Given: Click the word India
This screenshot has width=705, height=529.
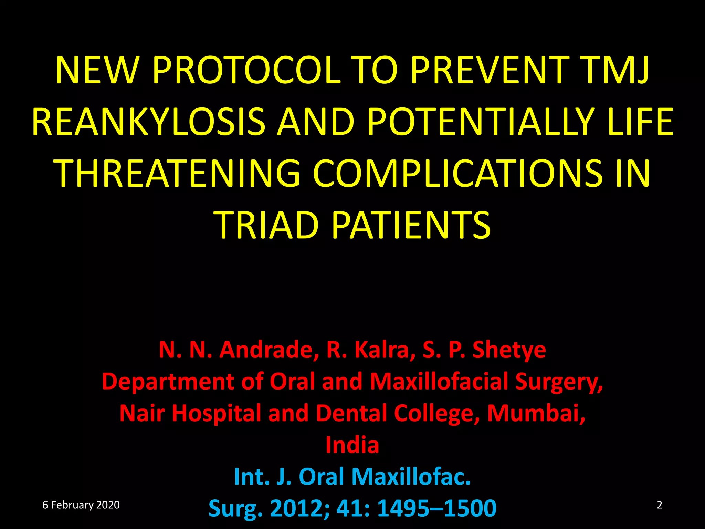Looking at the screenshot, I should [352, 445].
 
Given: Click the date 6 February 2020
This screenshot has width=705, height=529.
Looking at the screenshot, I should [81, 505].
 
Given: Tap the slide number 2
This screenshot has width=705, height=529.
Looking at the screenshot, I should [659, 505].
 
